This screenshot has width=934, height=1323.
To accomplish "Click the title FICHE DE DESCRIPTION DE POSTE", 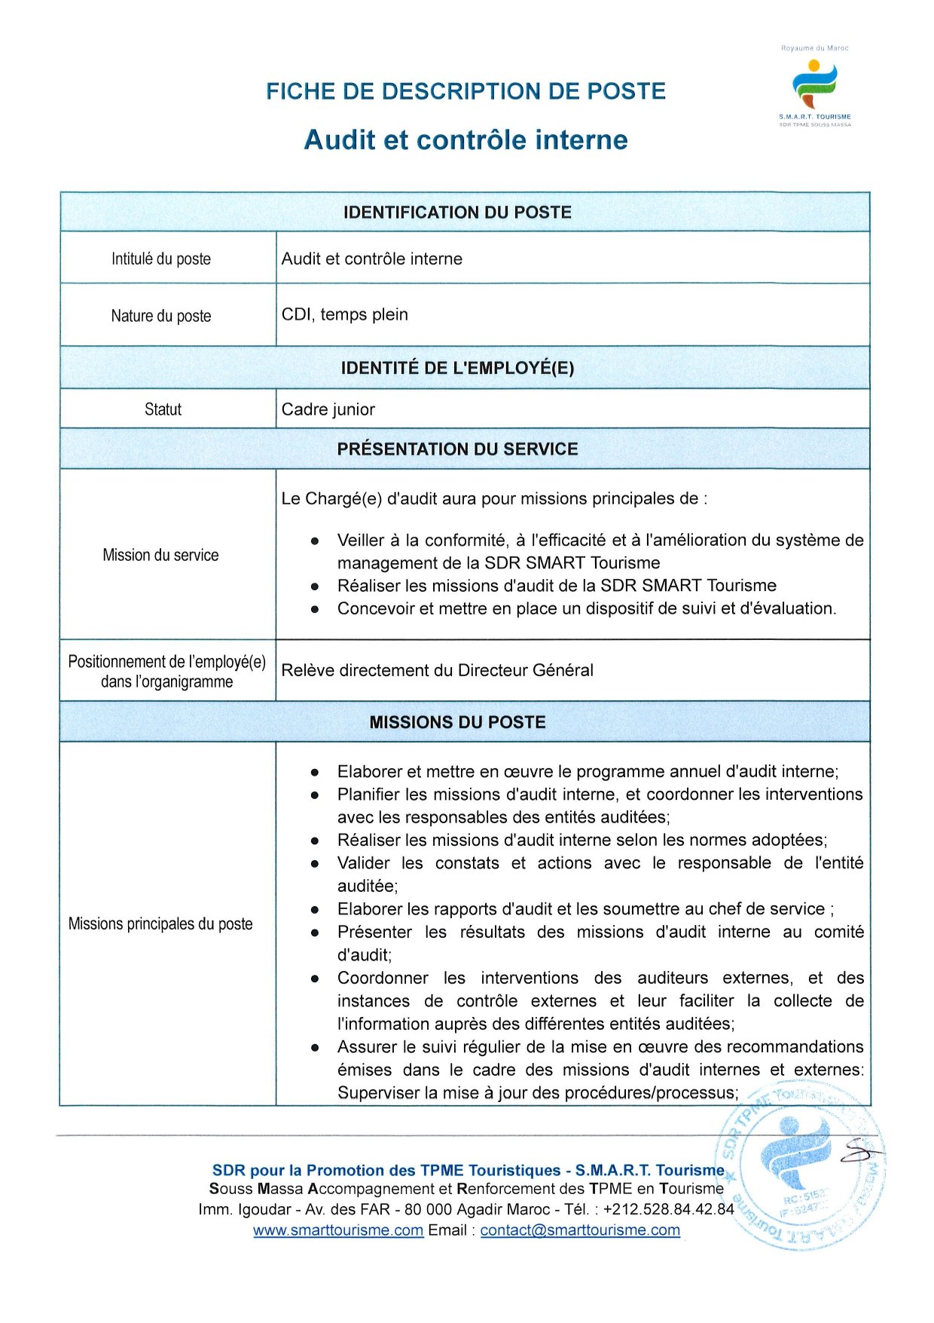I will tap(465, 92).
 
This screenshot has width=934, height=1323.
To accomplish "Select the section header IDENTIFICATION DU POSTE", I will tap(457, 213).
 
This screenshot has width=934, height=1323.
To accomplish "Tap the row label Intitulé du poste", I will tap(161, 259).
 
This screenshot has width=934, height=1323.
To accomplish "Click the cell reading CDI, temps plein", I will tap(345, 315).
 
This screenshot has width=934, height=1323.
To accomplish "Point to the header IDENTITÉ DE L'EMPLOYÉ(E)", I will tap(457, 369).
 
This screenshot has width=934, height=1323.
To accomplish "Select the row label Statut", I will tap(163, 409).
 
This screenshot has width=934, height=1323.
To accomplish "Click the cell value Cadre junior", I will tap(328, 409).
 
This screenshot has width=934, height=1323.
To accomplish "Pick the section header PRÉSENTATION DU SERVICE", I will tap(457, 449).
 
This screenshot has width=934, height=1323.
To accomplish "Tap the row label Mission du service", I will tap(160, 556).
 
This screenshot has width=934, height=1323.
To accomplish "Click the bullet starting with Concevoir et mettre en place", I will tap(586, 609).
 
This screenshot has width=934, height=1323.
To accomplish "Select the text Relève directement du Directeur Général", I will tap(437, 671).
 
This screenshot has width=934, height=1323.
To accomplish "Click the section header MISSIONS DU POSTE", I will tap(457, 722).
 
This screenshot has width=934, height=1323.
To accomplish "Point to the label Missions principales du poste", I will tap(160, 924).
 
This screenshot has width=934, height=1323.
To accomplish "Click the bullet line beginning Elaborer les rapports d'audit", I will tap(585, 909).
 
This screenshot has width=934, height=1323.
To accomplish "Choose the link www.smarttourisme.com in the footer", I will tap(338, 1230).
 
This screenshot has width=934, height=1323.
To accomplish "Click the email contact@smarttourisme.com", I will tap(580, 1230).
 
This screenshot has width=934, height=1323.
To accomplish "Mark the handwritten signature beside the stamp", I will tap(859, 1150).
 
